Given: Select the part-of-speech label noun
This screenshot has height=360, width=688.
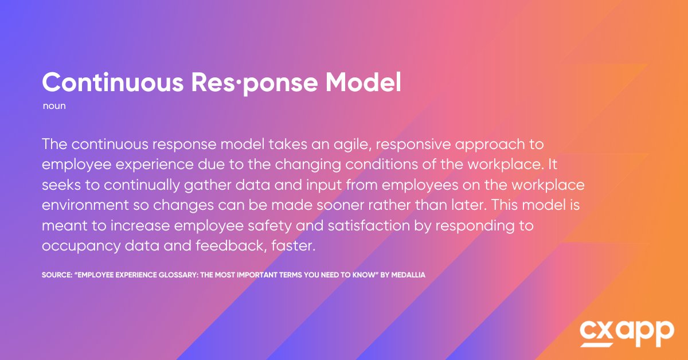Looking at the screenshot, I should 54,107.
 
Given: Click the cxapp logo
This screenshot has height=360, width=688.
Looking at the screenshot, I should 627,332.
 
